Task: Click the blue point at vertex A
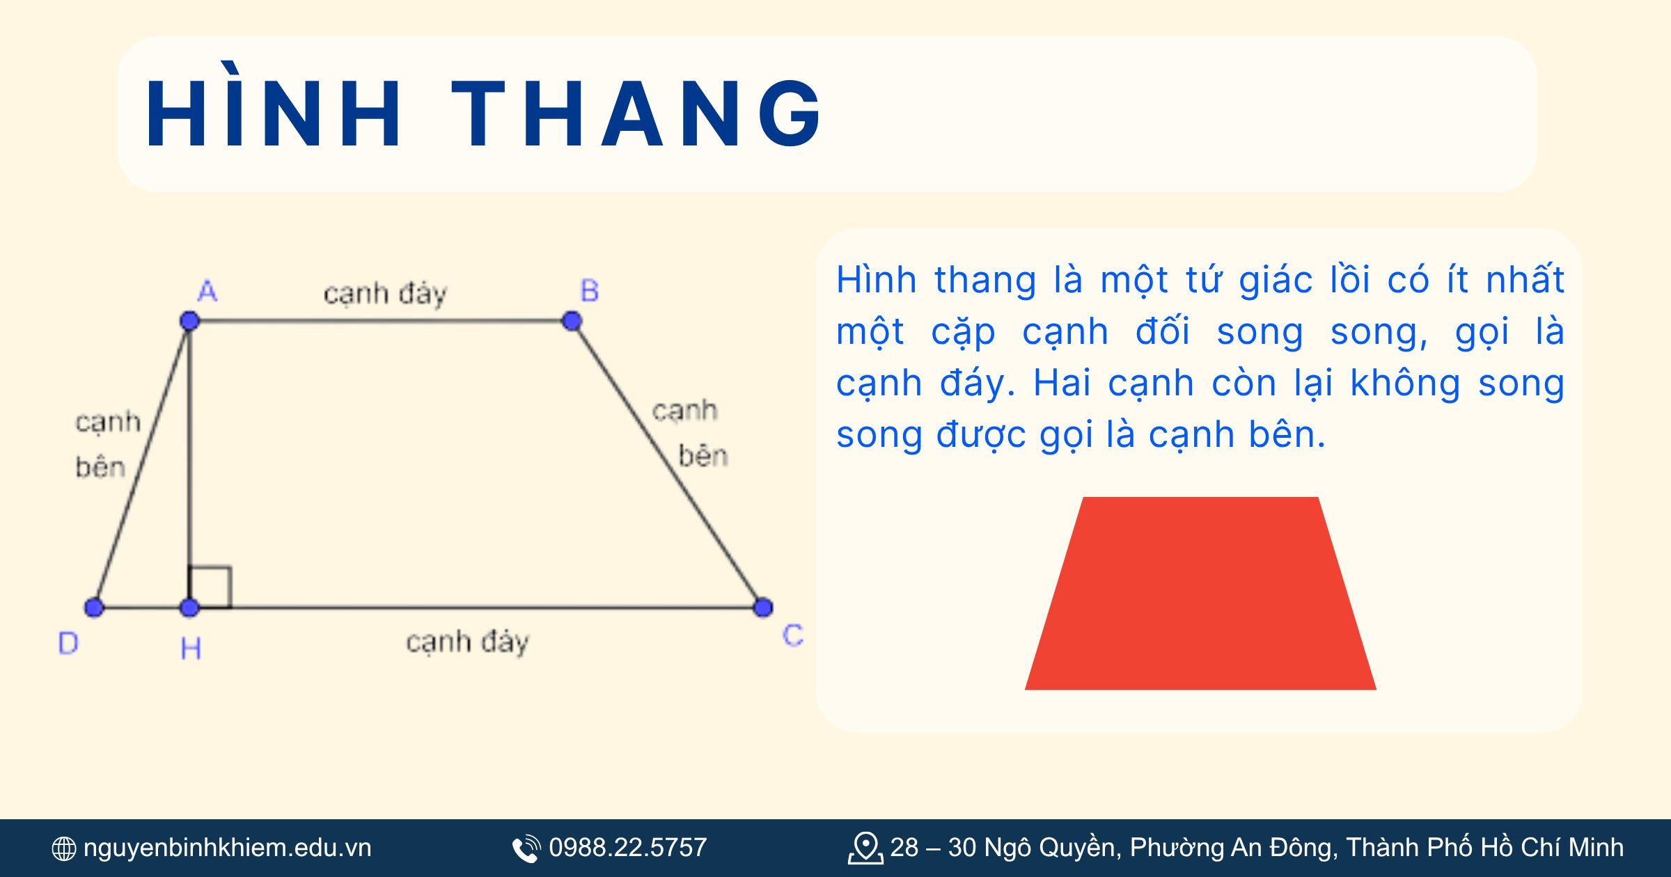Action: [189, 321]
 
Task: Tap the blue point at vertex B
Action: [572, 321]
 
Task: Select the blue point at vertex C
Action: [763, 607]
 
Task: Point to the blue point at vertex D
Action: [94, 607]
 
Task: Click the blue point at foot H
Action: [189, 607]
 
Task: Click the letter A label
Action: [207, 291]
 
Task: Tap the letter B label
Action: [590, 291]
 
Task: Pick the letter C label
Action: [793, 635]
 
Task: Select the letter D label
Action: [68, 643]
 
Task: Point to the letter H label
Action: [191, 649]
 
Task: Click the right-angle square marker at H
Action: [211, 587]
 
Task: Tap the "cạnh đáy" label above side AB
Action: [385, 294]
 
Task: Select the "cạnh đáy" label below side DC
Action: [467, 642]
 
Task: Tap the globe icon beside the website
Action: [64, 848]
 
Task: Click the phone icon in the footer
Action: [526, 848]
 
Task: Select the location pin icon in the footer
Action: [865, 848]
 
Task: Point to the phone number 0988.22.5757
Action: [627, 848]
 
